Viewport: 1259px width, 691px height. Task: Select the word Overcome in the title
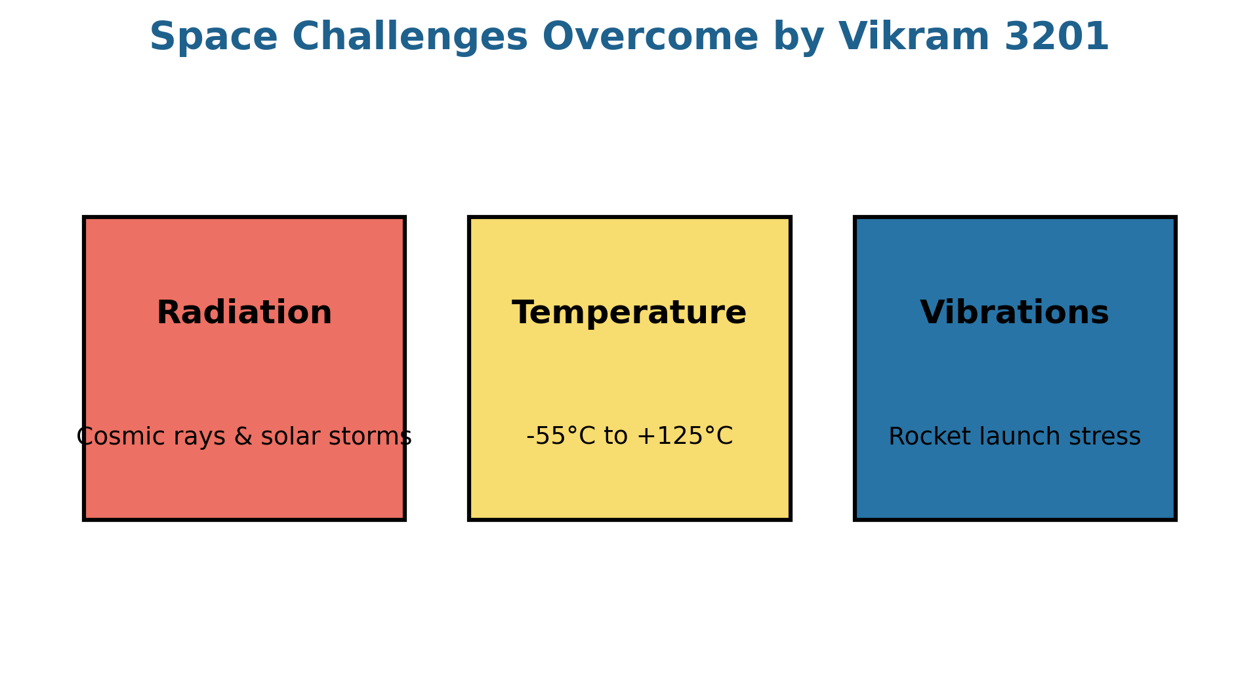coord(650,37)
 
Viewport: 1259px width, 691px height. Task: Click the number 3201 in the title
coord(1056,37)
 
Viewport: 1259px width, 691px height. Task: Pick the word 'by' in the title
coord(798,38)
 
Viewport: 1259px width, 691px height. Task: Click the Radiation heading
coord(244,313)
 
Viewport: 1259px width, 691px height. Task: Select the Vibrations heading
coord(1014,313)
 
